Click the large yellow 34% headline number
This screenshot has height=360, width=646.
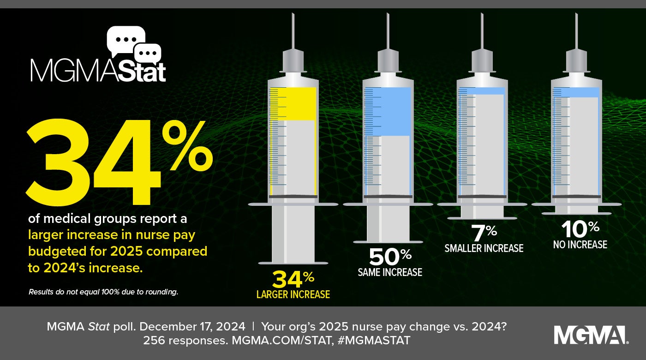[x=115, y=162]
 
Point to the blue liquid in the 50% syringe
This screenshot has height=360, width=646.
[x=388, y=112]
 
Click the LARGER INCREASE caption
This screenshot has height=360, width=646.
[x=293, y=294]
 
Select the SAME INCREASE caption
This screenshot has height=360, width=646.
[x=390, y=272]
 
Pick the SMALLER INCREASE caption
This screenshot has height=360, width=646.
[x=484, y=248]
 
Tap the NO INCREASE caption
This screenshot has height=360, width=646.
[x=580, y=245]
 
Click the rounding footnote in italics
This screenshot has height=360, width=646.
[x=103, y=292]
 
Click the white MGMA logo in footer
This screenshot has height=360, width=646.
[x=591, y=335]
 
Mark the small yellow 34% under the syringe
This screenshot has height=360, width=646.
[x=293, y=279]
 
